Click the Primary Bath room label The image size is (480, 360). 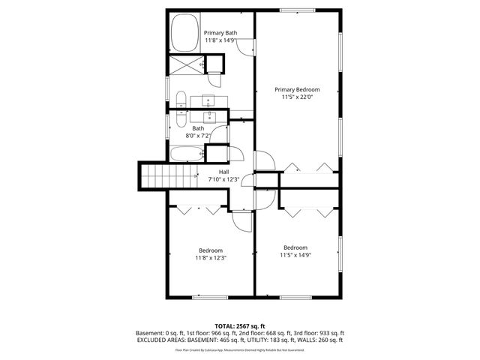click(220, 33)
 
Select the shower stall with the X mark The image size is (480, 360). click(183, 64)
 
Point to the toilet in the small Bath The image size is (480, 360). click(181, 118)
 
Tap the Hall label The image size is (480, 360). click(223, 172)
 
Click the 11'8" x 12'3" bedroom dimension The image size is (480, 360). click(211, 258)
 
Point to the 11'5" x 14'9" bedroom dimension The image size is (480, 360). click(295, 255)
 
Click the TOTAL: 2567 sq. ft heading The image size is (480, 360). click(239, 326)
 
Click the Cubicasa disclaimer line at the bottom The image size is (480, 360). click(239, 349)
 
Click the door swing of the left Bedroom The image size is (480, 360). click(242, 219)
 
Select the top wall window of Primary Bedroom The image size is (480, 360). click(295, 10)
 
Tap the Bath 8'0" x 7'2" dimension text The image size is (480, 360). click(198, 136)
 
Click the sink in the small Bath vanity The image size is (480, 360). click(209, 116)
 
